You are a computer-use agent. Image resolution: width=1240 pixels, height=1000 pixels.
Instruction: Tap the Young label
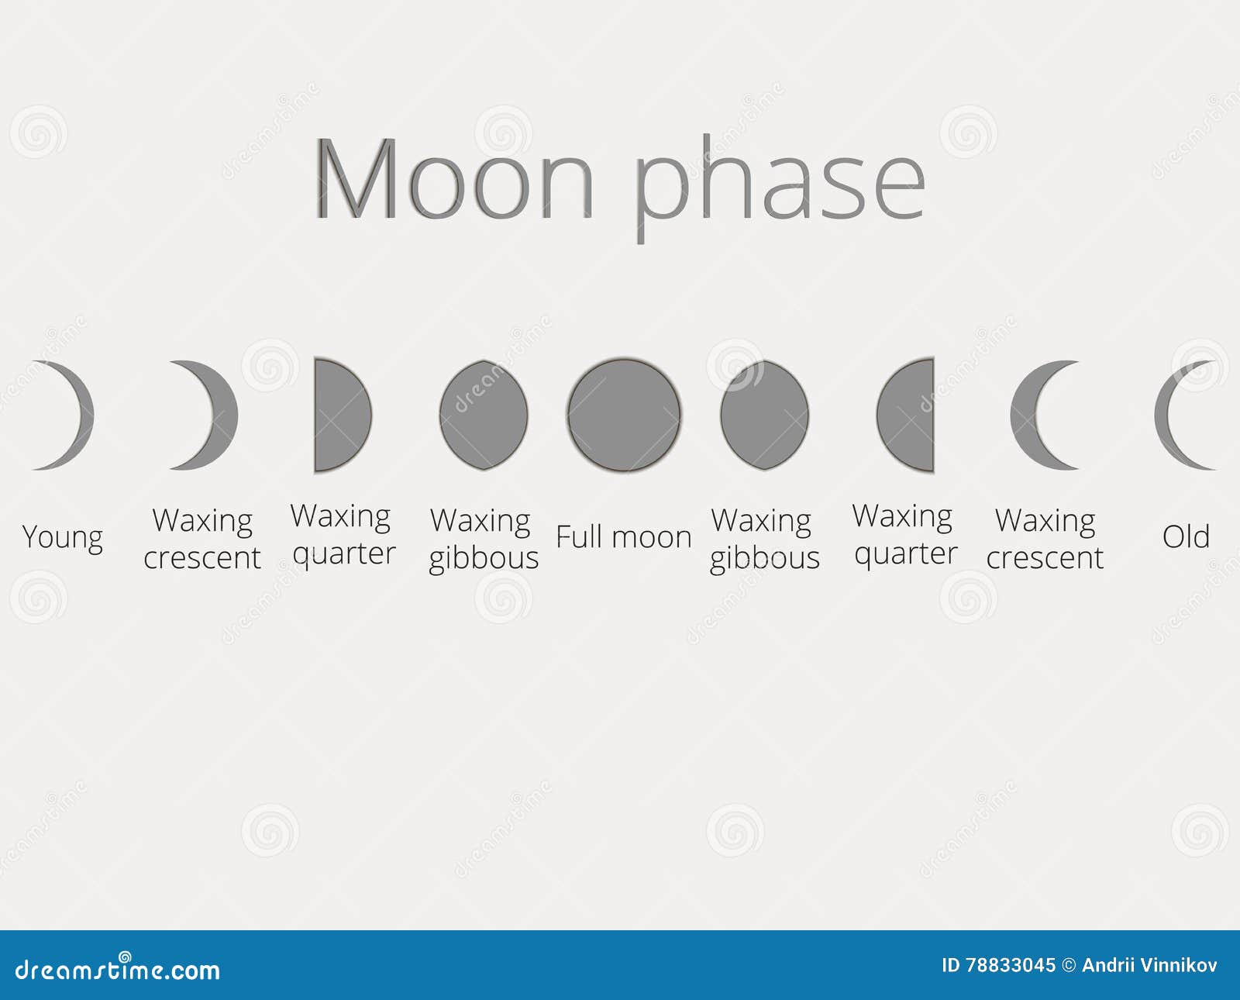point(63,537)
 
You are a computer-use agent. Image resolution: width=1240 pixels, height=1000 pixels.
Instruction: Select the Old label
point(1186,536)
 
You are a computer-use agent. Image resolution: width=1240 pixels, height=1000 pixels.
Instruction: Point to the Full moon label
point(624,537)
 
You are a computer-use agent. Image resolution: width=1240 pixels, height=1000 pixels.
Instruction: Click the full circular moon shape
point(624,415)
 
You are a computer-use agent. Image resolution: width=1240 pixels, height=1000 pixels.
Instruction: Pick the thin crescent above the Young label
point(77,415)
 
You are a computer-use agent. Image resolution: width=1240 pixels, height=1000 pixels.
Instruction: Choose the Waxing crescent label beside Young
point(202,539)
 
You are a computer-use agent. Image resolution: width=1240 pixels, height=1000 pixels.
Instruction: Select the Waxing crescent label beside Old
point(1045,539)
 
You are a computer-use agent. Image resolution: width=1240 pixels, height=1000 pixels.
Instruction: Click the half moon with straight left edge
point(341,415)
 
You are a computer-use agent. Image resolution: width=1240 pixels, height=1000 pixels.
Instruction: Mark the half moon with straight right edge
point(907,415)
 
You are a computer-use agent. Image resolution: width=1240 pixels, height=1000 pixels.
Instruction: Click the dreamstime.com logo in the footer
point(118,969)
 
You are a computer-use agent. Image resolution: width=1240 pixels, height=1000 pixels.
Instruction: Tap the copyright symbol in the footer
point(1069,965)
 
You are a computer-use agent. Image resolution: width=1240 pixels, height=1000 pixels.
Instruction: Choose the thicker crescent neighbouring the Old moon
point(1027,415)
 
